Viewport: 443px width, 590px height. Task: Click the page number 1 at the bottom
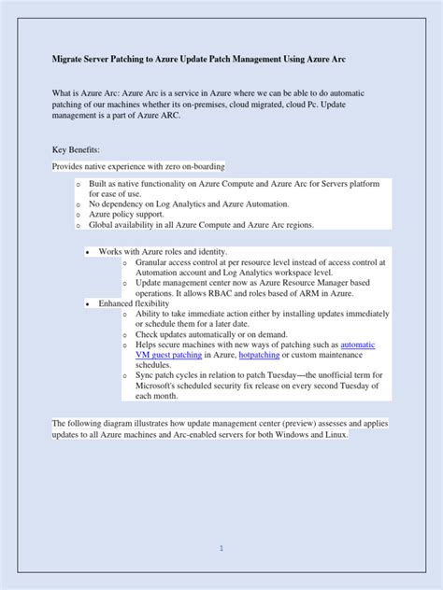click(x=221, y=548)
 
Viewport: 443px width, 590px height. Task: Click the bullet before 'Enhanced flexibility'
click(x=87, y=303)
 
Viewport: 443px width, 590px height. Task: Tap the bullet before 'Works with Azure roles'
click(x=87, y=252)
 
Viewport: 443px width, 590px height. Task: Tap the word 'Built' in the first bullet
click(x=100, y=183)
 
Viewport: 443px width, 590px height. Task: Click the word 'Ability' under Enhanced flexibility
click(x=150, y=315)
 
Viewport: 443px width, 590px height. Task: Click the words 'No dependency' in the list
click(x=118, y=203)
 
